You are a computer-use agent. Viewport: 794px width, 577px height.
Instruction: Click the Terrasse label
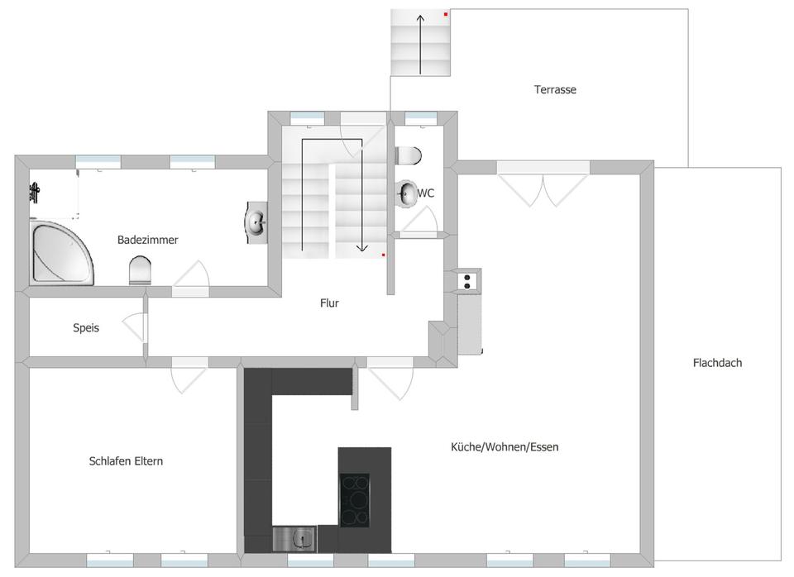(555, 89)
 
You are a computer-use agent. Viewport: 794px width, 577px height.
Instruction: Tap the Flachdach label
(717, 362)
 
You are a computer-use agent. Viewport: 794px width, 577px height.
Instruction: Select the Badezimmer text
(148, 240)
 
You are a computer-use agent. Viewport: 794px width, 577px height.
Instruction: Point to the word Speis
(86, 327)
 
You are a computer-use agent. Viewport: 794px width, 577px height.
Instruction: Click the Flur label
(329, 303)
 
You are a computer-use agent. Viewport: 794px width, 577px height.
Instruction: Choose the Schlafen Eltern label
(126, 461)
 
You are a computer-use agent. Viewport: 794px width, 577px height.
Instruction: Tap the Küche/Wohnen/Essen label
(505, 447)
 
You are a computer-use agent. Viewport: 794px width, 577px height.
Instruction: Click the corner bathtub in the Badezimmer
(60, 253)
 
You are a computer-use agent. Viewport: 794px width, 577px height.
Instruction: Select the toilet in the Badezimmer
(141, 270)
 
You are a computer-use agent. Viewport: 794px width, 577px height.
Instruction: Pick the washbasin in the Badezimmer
(256, 222)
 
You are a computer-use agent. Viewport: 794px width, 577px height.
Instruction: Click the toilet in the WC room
(409, 155)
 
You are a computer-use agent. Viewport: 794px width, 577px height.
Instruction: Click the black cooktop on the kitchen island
(355, 501)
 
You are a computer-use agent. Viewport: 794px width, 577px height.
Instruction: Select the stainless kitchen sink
(294, 539)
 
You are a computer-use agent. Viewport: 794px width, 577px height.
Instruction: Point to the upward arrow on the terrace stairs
(420, 45)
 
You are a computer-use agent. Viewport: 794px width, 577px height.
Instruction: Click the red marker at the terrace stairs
(446, 15)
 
